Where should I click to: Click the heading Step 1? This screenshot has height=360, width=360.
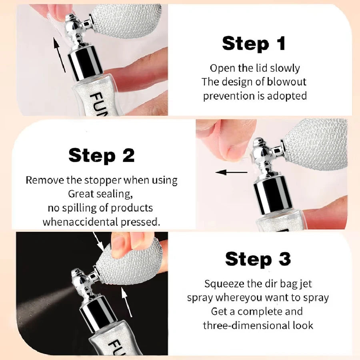pyautogui.click(x=254, y=44)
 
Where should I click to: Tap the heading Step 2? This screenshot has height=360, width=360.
pyautogui.click(x=101, y=156)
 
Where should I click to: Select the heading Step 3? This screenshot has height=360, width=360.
pyautogui.click(x=258, y=259)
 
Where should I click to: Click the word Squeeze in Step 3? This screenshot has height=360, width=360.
pyautogui.click(x=224, y=284)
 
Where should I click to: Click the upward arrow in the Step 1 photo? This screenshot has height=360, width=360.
pyautogui.click(x=59, y=55)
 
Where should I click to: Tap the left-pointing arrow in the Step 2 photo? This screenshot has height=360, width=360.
pyautogui.click(x=232, y=172)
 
